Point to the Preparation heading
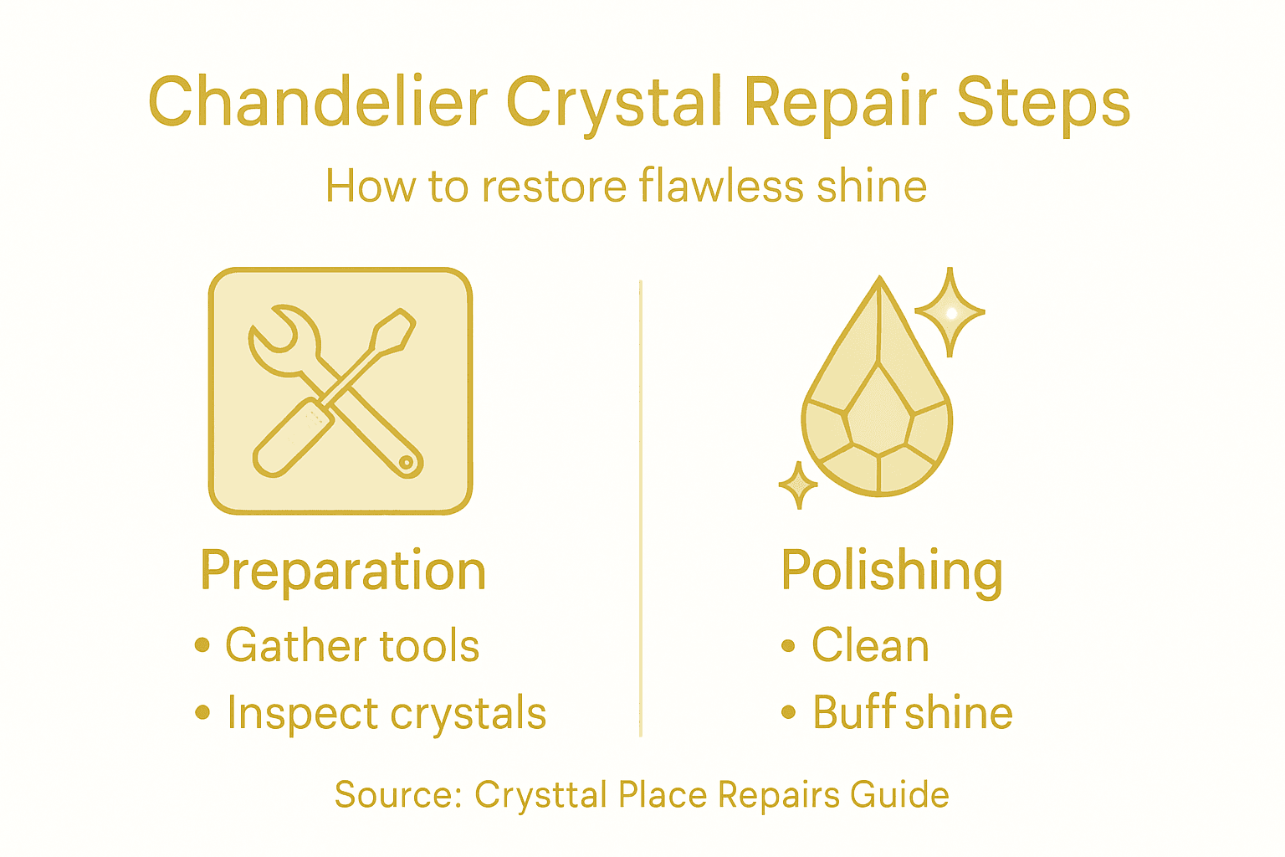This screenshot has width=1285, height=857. click(343, 572)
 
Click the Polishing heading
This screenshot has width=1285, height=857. click(892, 572)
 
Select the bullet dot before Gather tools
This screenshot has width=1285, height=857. click(202, 645)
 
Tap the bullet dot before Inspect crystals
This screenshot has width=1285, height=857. click(202, 712)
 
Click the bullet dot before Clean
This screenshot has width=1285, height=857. click(787, 645)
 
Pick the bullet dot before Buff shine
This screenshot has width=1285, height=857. click(787, 712)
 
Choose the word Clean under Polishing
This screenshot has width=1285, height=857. click(870, 645)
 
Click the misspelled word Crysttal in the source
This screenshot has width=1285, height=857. click(540, 795)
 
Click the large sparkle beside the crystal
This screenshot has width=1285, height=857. click(950, 312)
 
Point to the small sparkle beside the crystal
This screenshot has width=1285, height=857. click(798, 485)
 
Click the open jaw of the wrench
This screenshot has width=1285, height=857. click(276, 331)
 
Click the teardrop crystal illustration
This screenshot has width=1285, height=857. click(878, 410)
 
